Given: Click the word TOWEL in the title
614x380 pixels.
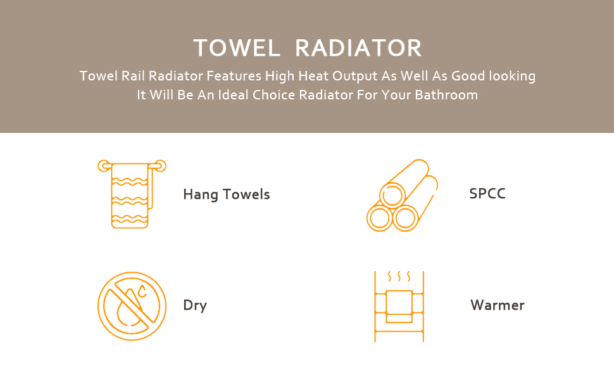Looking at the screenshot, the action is coord(237,47).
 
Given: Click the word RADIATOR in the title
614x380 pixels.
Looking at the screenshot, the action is coord(358,47).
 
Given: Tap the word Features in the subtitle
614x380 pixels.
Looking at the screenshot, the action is coord(234,75).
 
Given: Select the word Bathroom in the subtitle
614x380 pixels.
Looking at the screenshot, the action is coord(446,95).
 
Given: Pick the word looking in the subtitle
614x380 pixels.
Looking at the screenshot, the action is coord(512,76).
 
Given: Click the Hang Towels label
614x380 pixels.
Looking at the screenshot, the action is coord(227,194).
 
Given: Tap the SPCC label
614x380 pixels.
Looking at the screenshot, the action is coord(487,194).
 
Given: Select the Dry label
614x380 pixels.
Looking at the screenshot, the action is coord(195,305).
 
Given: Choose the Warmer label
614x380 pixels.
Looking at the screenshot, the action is coord(498,305).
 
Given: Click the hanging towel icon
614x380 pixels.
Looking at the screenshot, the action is coord(132,194).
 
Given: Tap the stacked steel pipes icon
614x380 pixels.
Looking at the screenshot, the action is coord(402,195).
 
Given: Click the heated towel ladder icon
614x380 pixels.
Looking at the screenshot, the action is coord(399,307).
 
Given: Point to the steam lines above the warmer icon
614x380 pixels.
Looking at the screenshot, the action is coord(399,276).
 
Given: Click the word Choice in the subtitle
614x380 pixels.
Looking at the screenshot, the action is coord(273,95).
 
